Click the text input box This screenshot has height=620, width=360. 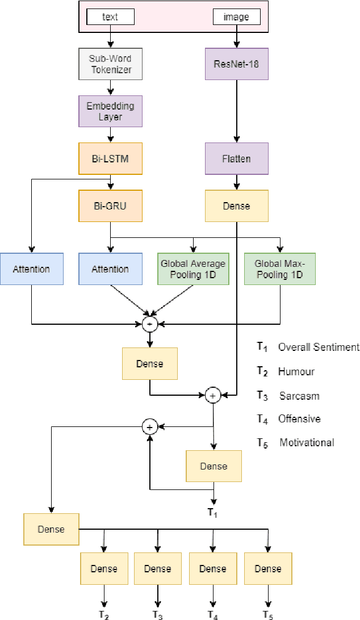(110, 17)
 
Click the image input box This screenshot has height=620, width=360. (236, 17)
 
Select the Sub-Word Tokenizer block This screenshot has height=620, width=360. (110, 63)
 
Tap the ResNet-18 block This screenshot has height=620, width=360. (236, 63)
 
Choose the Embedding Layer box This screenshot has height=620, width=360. (110, 111)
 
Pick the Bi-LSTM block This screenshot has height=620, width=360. (110, 158)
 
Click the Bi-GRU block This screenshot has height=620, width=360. (110, 206)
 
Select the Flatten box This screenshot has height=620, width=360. (236, 158)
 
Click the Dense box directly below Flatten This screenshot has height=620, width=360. (236, 206)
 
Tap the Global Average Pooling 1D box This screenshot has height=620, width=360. (193, 269)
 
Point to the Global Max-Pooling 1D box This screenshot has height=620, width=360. (279, 269)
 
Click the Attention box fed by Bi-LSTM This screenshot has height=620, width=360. (31, 269)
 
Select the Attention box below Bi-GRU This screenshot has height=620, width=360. (110, 269)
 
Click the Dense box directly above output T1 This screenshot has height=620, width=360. (214, 466)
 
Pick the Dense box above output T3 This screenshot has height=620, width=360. (158, 568)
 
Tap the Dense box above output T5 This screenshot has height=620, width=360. (267, 568)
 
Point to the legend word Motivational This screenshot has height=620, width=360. (307, 442)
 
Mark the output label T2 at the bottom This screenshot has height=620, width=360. (104, 614)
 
